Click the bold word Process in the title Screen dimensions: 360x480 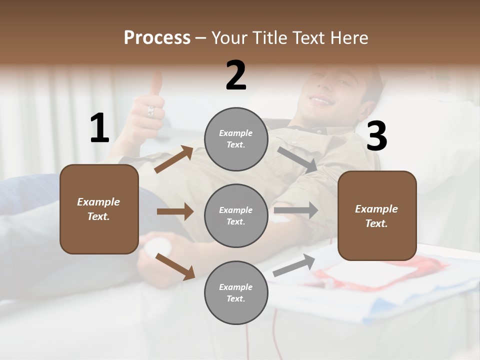157,38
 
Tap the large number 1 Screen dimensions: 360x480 99,128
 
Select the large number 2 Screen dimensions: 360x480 236,75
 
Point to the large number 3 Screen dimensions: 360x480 376,136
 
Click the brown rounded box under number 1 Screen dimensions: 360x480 99,209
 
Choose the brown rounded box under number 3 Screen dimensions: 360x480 377,215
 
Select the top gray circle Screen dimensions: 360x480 236,139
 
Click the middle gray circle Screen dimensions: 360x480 236,215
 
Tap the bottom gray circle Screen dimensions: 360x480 236,292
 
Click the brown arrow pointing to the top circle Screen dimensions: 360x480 174,159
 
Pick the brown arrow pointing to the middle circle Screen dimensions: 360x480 175,212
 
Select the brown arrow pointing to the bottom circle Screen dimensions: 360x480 175,266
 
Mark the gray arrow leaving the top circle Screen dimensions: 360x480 297,159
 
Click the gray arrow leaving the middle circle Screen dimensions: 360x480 296,210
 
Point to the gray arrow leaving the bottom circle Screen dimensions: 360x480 294,265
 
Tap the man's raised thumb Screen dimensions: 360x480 156,82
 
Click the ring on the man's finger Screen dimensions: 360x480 150,111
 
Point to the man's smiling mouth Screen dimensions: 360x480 320,101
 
